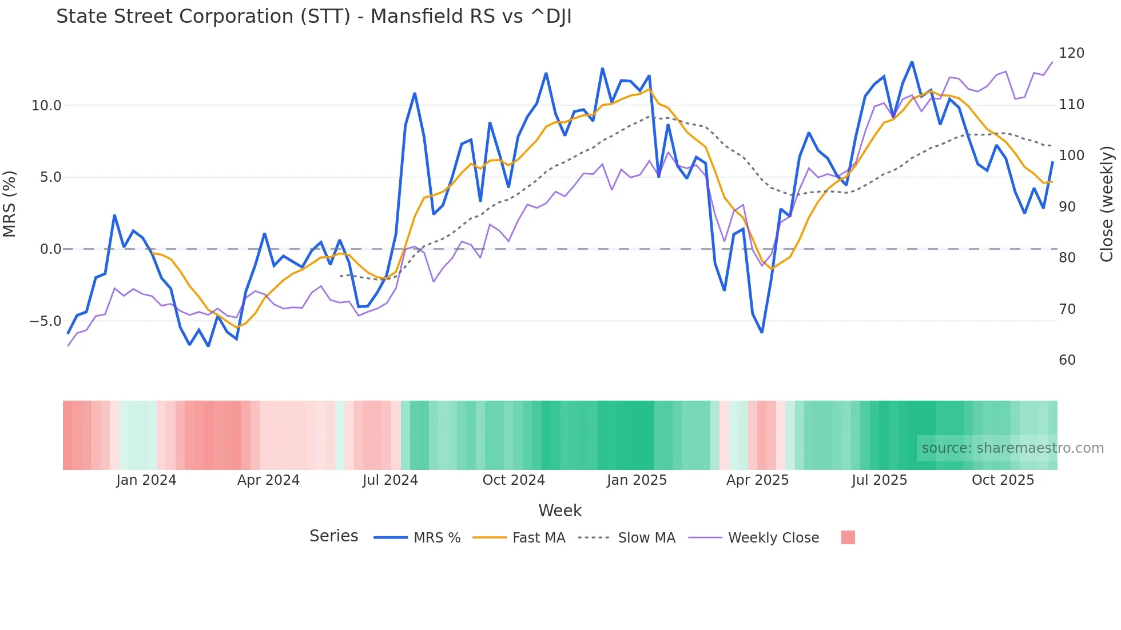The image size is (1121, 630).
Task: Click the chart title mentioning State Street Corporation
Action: coord(313,17)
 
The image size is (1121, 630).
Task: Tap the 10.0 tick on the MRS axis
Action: coord(46,106)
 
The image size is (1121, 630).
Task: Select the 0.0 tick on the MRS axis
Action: coord(50,249)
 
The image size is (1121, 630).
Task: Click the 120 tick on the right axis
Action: coord(1071,53)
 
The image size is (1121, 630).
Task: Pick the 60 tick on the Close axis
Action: coord(1067,360)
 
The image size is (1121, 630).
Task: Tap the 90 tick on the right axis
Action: coord(1067,207)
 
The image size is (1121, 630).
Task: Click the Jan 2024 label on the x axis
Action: coord(146,480)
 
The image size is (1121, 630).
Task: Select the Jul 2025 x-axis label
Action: coord(879,480)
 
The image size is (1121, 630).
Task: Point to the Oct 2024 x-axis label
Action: coord(514,480)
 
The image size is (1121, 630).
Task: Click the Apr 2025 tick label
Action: coord(757,480)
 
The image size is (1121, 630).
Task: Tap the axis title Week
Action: coord(560,511)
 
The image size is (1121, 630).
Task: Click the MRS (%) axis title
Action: coord(10,204)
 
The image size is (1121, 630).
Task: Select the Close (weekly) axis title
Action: coord(1107,204)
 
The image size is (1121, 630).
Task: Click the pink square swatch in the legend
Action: coord(848,537)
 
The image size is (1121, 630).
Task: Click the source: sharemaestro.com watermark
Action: coord(1012,448)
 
